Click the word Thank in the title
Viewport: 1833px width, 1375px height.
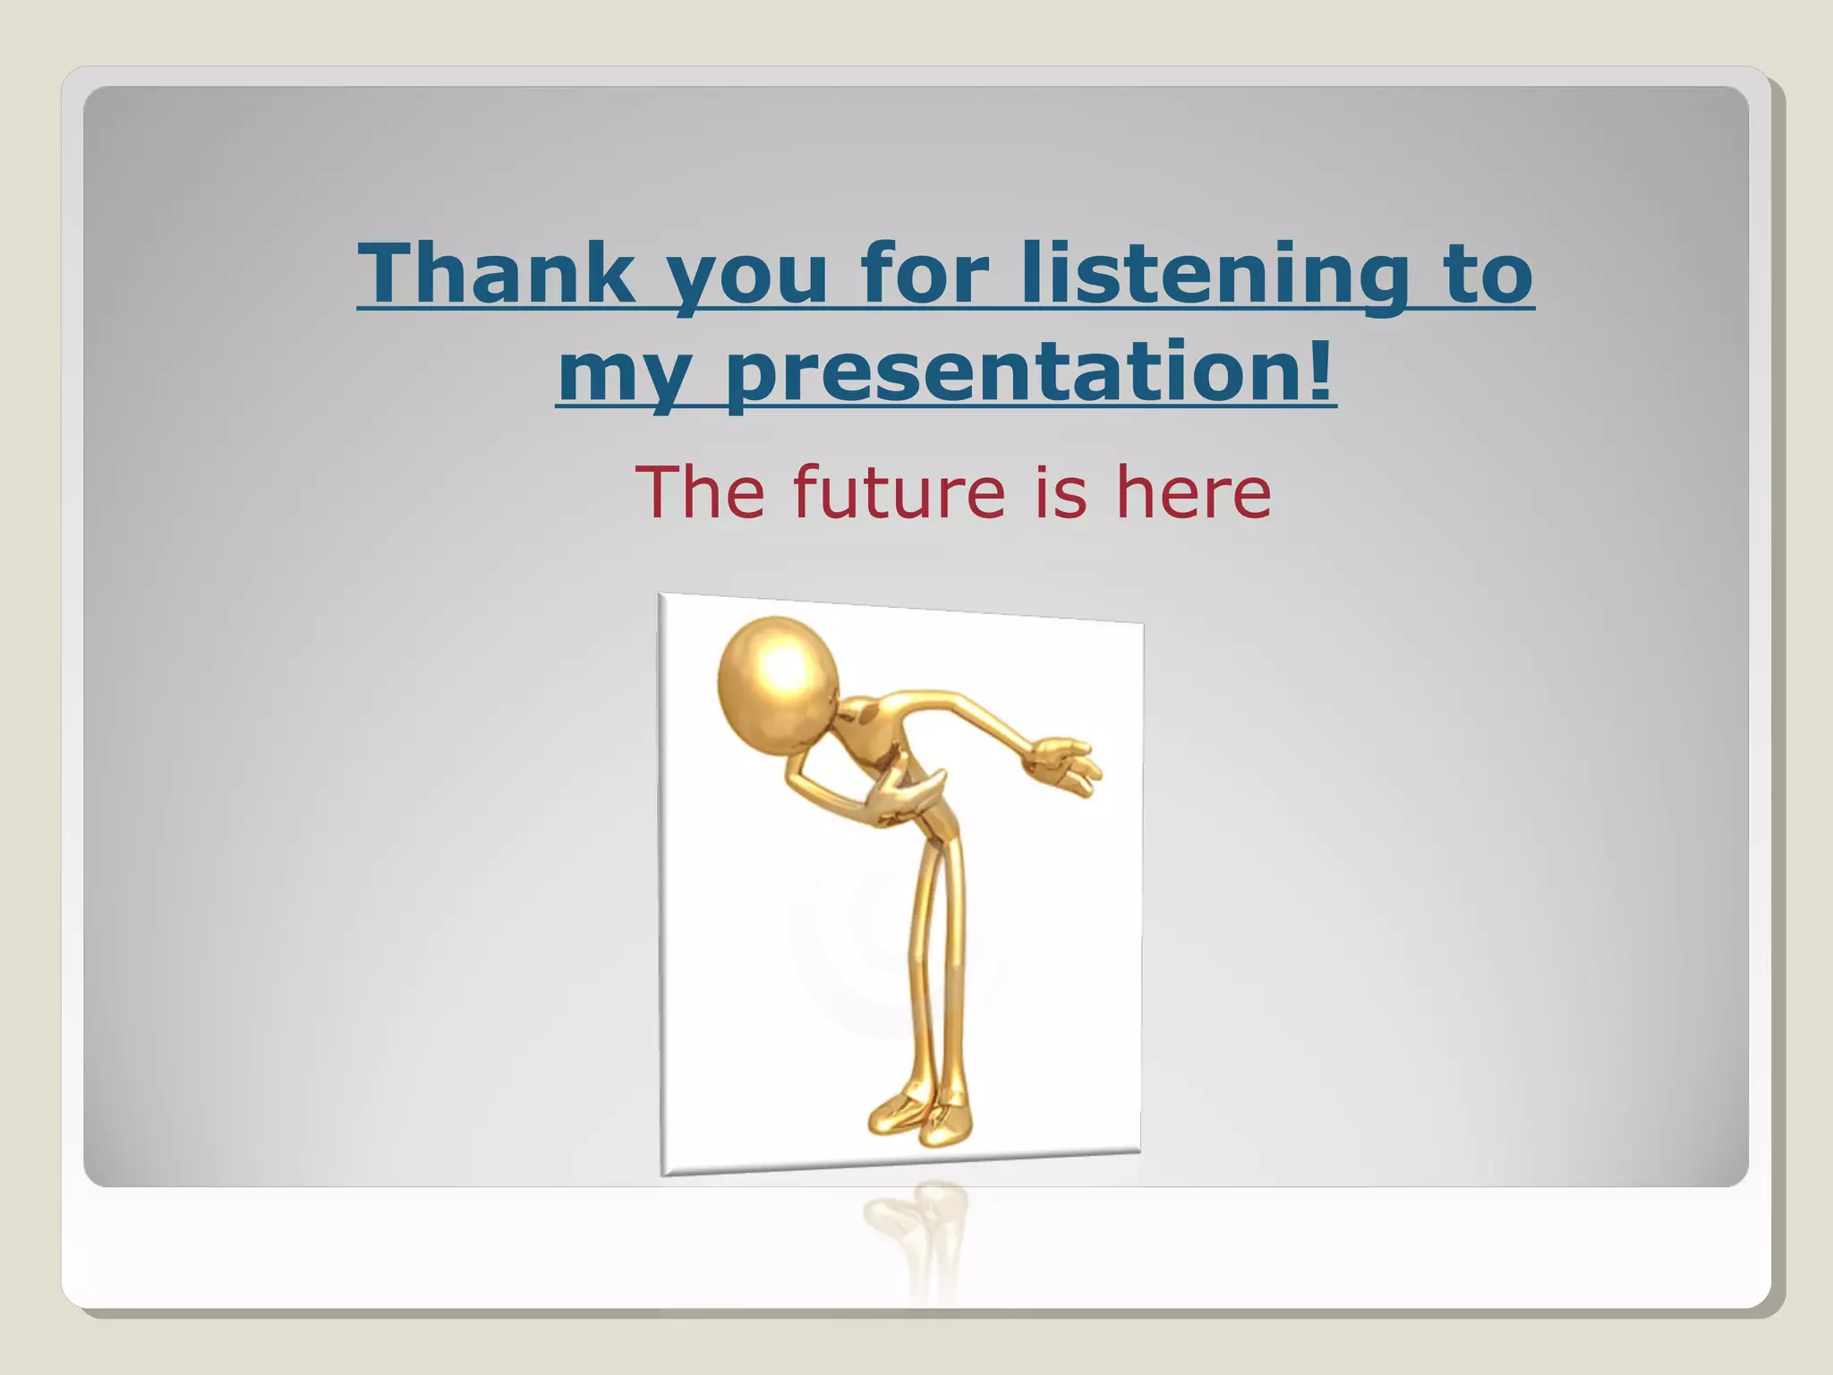point(495,272)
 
